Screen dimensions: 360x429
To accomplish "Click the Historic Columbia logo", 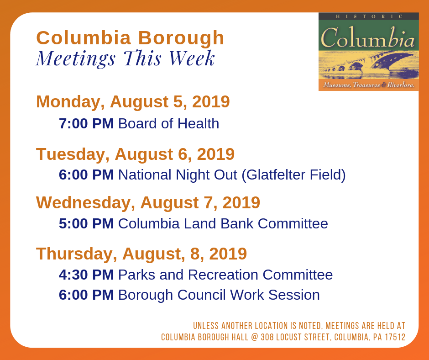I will pos(368,51).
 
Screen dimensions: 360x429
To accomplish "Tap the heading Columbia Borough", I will pos(130,38).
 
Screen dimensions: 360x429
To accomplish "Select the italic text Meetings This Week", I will pos(126,58).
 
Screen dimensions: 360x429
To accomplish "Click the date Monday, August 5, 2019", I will pos(133,101).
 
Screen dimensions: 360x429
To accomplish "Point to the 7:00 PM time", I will pos(86,123).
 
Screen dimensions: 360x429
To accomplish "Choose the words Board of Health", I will pos(168,123).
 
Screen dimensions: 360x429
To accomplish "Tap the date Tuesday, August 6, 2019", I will pos(135,154).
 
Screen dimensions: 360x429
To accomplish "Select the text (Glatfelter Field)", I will pos(293,175).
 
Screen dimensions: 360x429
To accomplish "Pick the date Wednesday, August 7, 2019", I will pos(148,202).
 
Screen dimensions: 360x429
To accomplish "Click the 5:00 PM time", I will pos(86,223).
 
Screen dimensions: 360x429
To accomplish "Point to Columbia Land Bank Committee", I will pos(223,223).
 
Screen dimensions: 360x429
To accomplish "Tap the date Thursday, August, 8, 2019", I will pos(141,254).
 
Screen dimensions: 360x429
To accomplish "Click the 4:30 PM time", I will pos(86,275).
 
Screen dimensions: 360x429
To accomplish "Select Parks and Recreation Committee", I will pos(225,275).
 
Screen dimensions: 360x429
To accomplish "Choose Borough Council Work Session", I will pos(219,295).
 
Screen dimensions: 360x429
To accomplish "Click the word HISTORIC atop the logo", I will pos(369,16).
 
